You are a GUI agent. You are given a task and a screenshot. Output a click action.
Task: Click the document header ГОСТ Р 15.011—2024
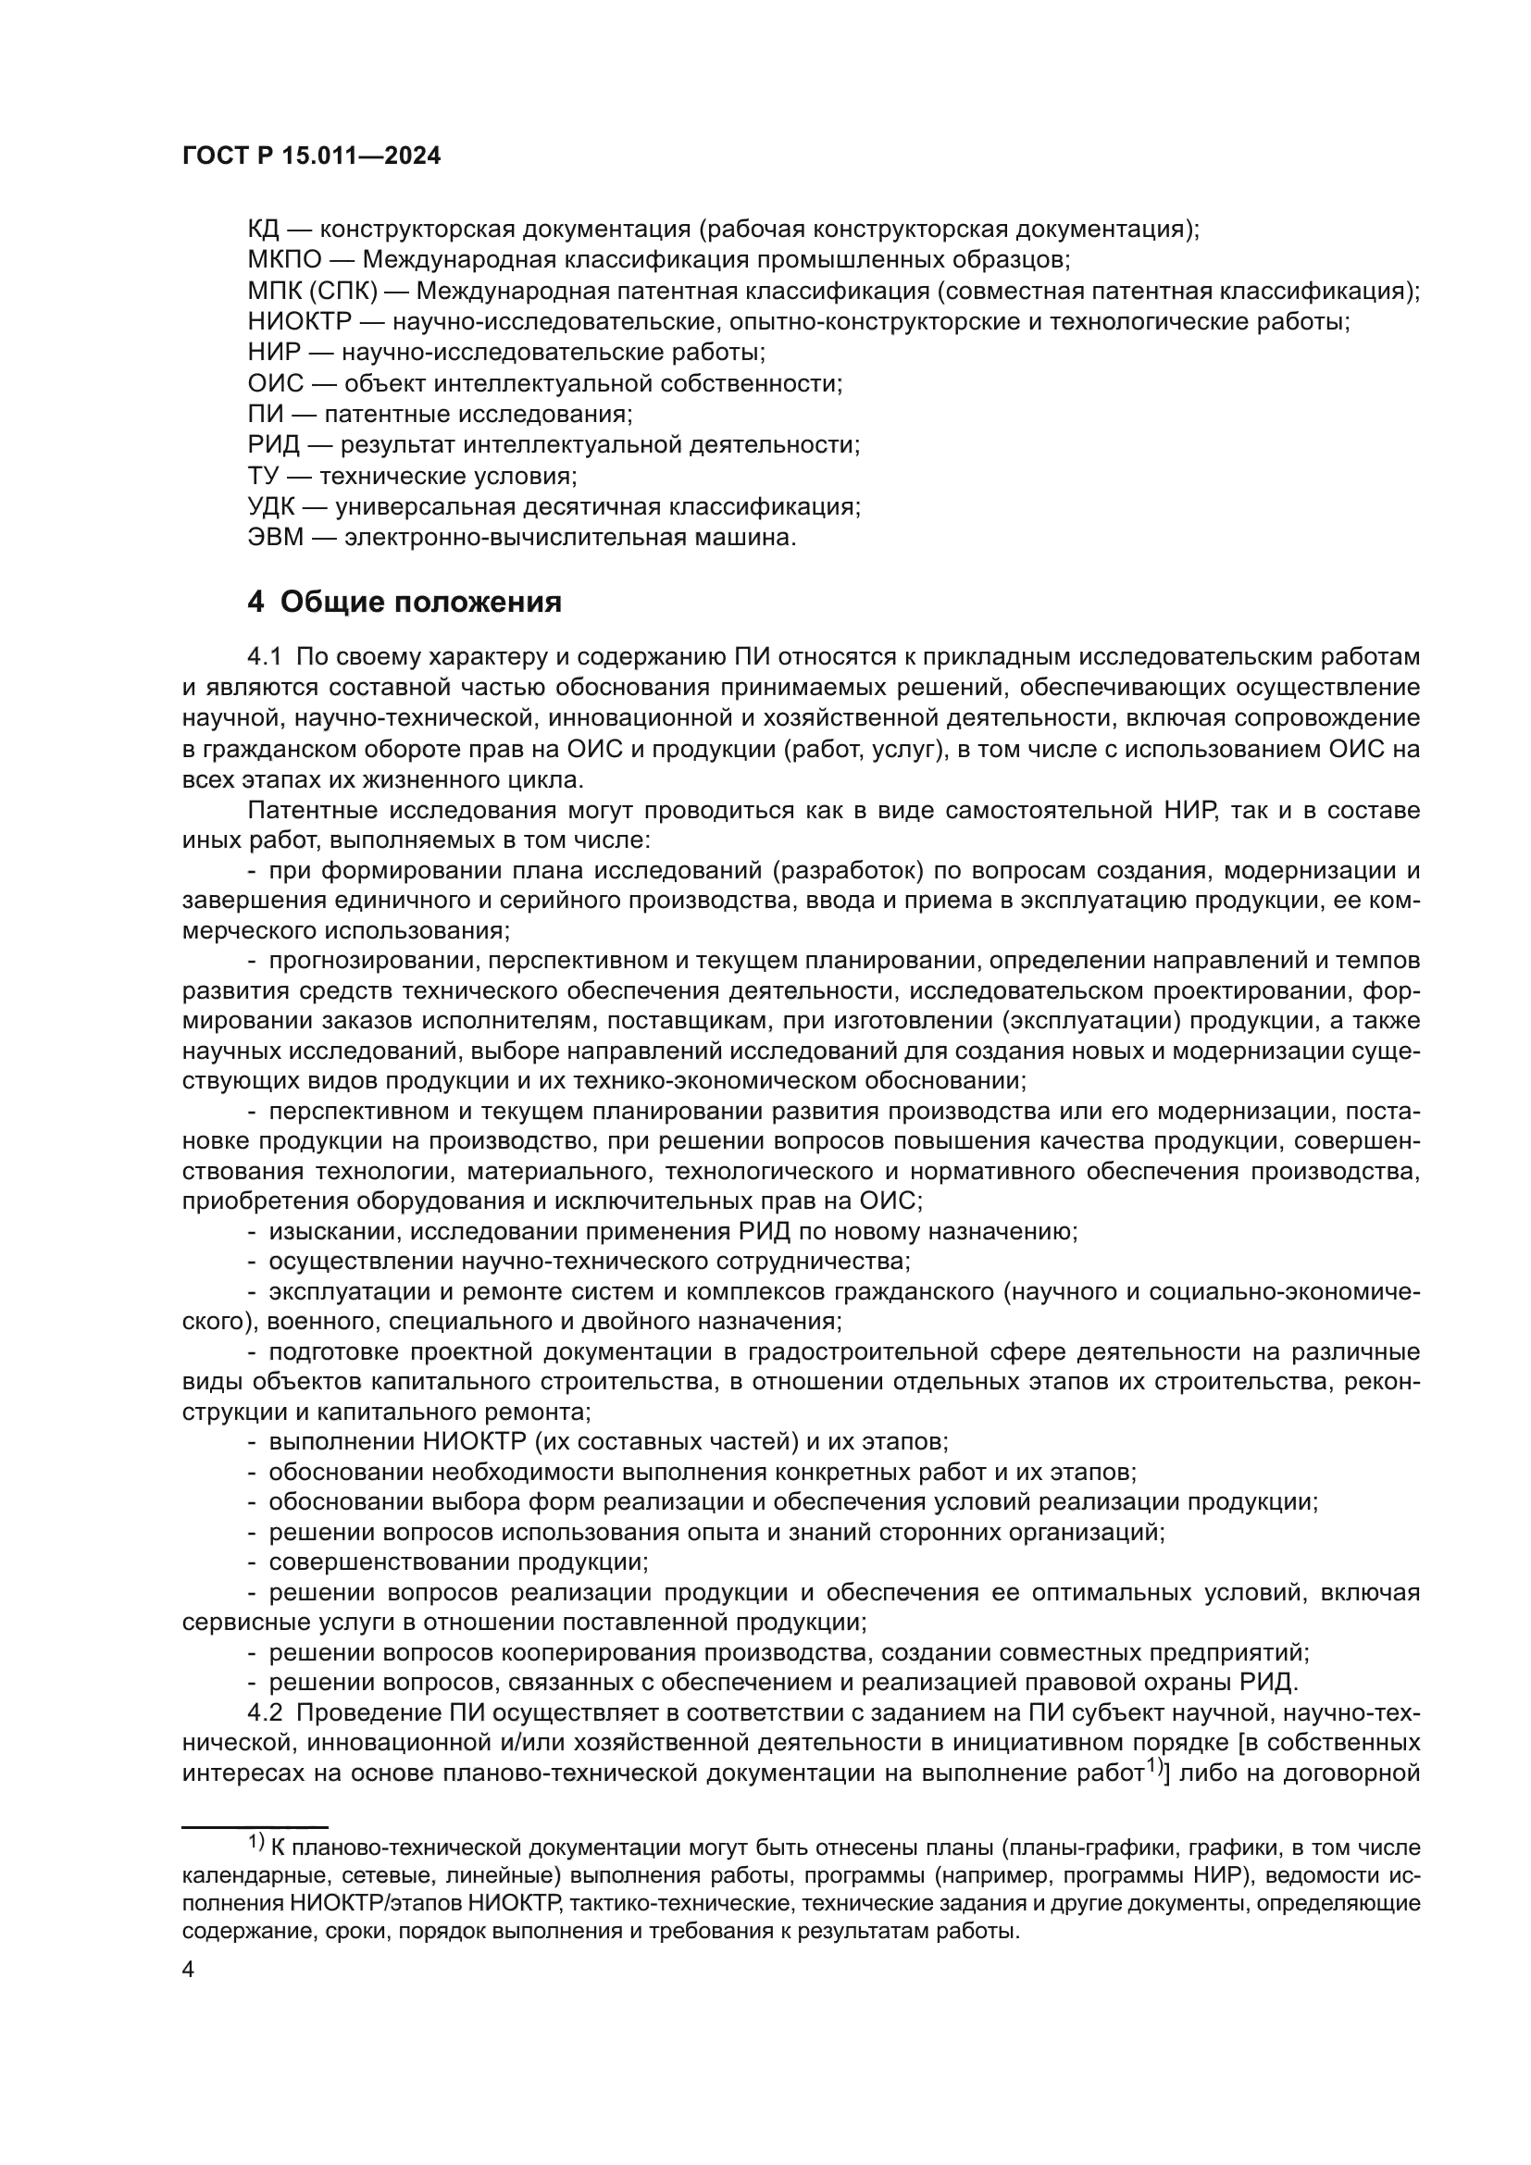tap(311, 156)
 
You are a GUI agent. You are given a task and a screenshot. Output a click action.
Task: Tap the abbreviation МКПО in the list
tap(285, 259)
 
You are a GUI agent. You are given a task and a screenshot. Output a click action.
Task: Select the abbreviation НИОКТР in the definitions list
tap(299, 321)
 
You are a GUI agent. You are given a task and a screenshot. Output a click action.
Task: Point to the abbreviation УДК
tap(271, 507)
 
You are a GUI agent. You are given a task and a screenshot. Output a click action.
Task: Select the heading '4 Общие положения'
tap(405, 602)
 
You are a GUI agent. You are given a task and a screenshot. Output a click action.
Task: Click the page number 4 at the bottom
tap(188, 1971)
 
